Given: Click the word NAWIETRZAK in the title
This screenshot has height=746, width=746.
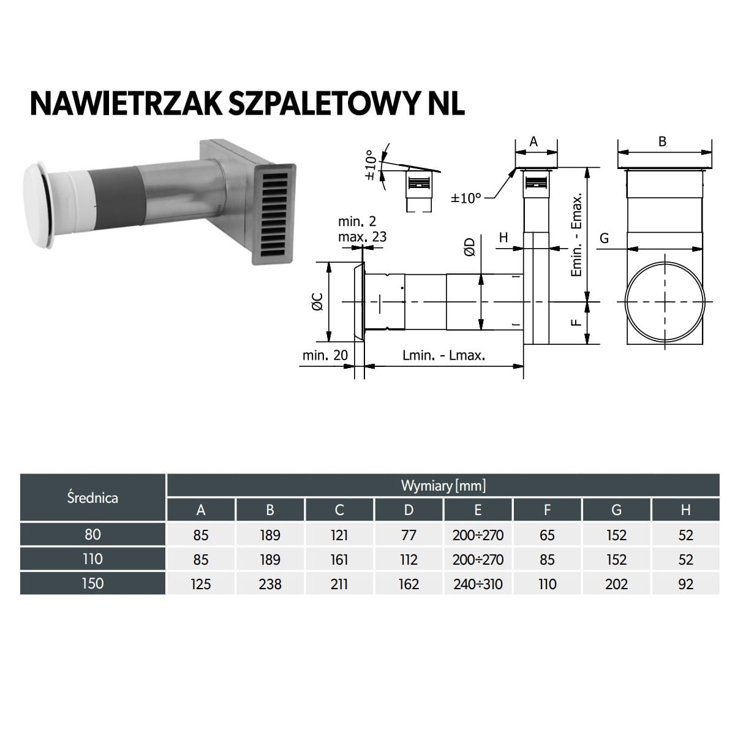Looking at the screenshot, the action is click(x=126, y=104).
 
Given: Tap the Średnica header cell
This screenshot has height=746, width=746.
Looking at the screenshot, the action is click(x=92, y=497).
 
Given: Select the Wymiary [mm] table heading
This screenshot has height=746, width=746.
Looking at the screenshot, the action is click(x=443, y=486).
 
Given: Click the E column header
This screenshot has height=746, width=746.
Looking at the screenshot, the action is click(x=478, y=510).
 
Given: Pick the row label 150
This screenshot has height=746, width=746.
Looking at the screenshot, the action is click(x=92, y=584).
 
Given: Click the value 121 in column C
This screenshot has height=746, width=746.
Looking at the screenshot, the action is click(x=339, y=535).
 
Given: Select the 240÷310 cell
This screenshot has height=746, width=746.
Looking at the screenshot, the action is click(x=478, y=584).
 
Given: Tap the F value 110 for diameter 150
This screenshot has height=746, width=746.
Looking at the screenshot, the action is click(x=547, y=584).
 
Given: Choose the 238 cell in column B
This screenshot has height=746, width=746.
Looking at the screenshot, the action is click(x=270, y=584).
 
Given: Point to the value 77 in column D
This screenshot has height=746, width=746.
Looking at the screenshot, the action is click(x=409, y=535).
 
